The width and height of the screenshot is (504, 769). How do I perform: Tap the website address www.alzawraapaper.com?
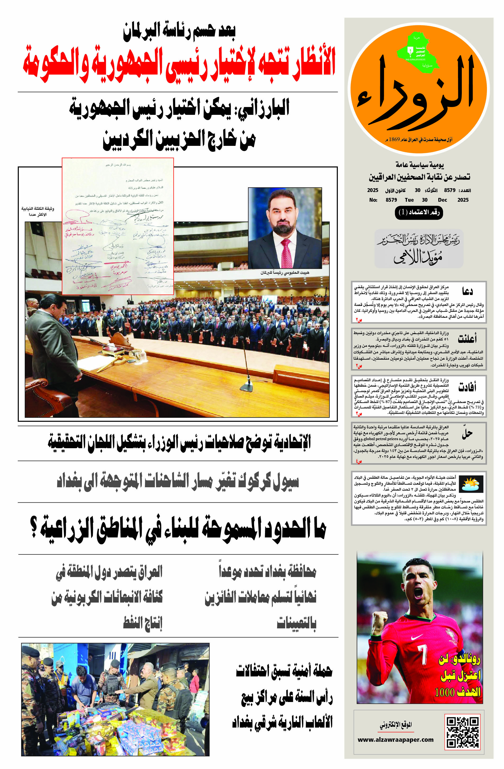[x=395, y=740]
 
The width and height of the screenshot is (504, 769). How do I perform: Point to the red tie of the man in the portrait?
[x=286, y=253]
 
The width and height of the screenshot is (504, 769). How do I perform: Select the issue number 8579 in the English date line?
[x=391, y=200]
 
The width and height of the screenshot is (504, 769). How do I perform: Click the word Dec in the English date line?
[x=442, y=200]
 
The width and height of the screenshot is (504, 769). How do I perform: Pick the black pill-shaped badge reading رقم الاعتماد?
[x=419, y=212]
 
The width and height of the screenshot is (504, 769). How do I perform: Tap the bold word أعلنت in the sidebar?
[x=467, y=339]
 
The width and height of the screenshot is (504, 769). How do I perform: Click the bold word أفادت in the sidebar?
[x=467, y=386]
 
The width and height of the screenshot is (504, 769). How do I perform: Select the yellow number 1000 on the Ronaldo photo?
[x=445, y=693]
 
